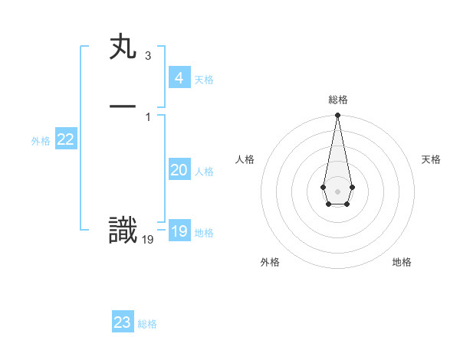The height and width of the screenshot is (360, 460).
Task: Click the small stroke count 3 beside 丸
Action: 147,56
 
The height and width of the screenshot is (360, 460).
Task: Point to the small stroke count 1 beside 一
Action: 147,116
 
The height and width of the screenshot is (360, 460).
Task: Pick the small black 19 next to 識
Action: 148,240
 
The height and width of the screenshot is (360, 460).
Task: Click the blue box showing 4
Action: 179,77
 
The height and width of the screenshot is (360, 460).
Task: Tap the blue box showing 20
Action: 179,170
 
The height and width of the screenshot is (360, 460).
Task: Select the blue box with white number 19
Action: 179,231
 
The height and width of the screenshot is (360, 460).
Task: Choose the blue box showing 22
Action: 66,139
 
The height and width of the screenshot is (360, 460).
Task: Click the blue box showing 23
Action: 123,322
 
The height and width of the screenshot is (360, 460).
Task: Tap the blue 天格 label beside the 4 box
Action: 204,80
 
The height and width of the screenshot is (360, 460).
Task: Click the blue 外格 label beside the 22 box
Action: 41,141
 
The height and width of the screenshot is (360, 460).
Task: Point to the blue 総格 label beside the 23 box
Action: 147,324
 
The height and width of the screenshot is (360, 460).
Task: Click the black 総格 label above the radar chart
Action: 337,100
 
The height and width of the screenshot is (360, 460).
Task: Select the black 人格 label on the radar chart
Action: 245,159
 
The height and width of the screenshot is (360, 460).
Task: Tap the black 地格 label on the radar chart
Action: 402,262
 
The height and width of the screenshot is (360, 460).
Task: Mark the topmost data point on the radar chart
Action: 337,116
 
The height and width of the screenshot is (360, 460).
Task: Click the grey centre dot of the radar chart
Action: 337,190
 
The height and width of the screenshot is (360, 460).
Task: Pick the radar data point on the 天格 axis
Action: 352,187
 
